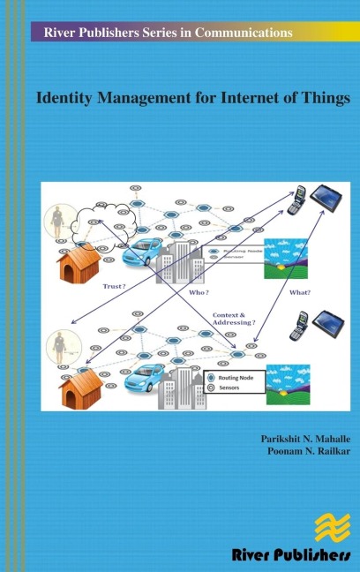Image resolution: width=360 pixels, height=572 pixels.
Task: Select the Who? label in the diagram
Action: click(199, 291)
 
